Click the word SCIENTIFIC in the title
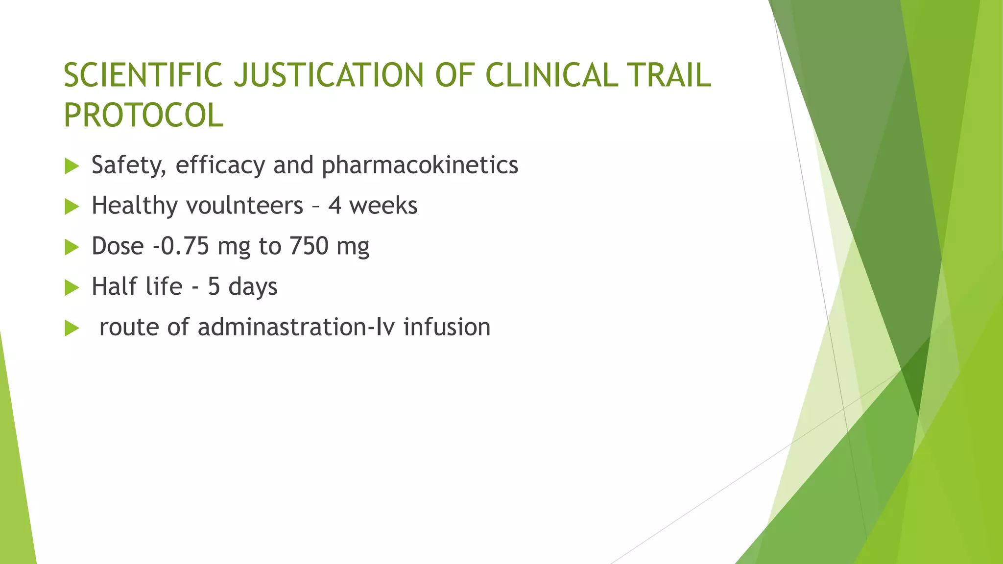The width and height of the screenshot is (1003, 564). coord(143,75)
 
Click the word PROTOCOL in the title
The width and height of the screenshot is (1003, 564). coord(143,116)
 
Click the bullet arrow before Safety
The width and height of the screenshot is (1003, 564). coord(72,166)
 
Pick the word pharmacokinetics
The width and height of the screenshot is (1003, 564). coord(420,165)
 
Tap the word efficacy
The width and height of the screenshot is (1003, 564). coord(220,165)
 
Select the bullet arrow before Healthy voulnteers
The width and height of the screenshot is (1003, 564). coord(72,207)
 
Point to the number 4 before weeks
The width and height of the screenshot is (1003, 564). coord(334,206)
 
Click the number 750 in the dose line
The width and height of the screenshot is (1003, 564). coord(309,246)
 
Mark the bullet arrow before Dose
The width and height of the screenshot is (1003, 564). coord(72,247)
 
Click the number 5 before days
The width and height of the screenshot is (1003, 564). coord(214,287)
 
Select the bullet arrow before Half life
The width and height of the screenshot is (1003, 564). coord(72,288)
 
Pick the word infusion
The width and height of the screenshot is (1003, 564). coord(447,327)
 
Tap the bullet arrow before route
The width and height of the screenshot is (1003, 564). coord(72,329)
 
